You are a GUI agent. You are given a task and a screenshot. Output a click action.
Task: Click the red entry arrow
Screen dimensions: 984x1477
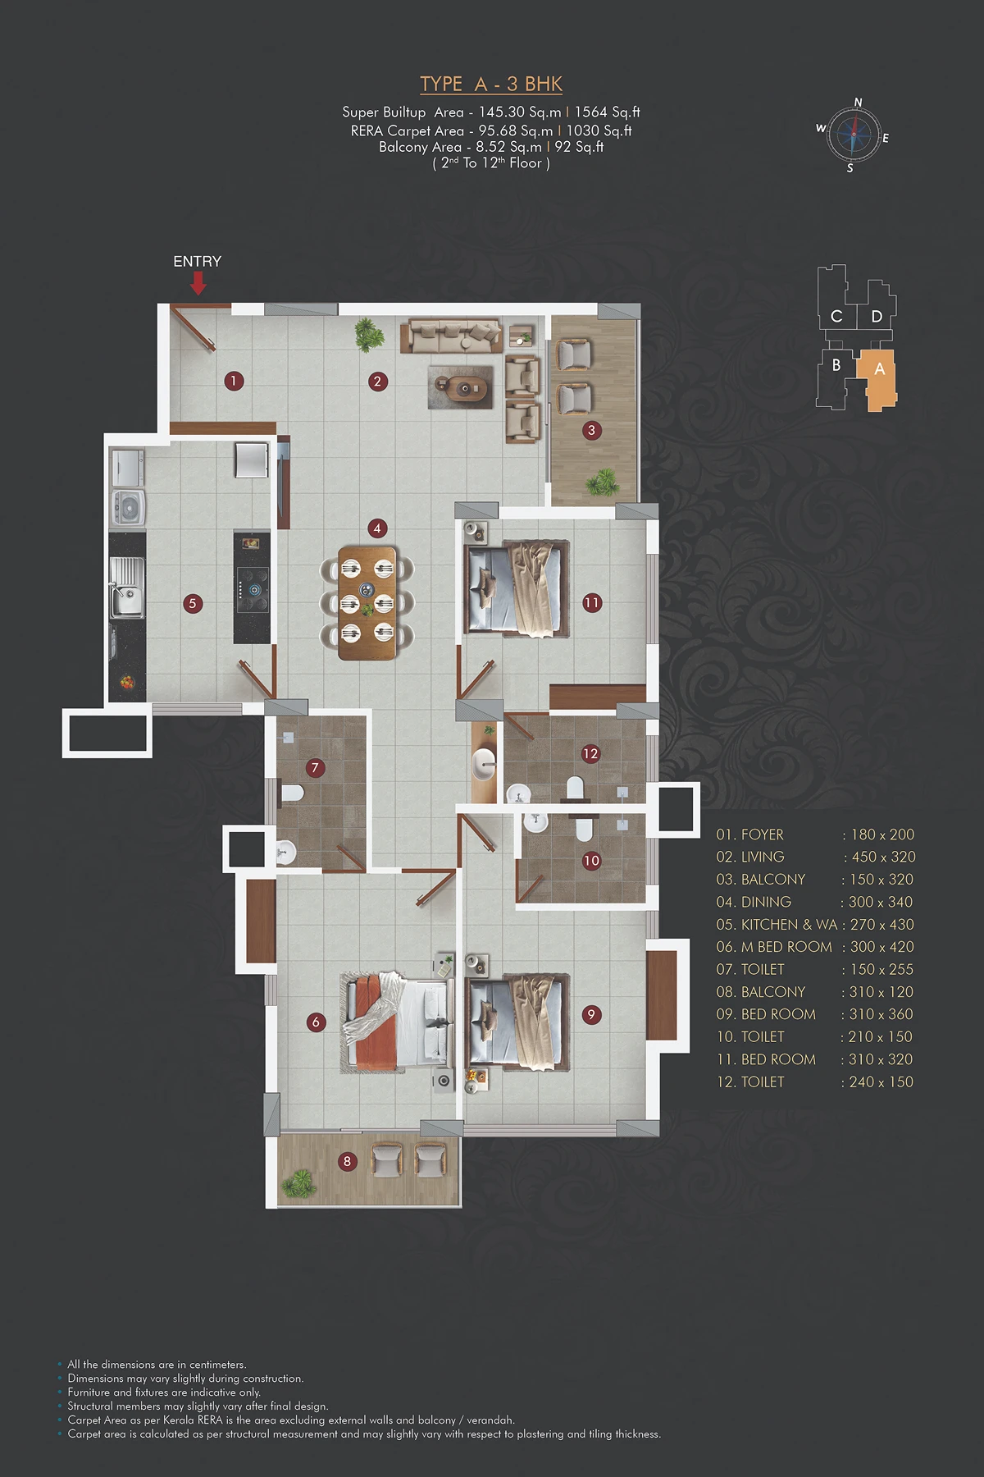point(198,283)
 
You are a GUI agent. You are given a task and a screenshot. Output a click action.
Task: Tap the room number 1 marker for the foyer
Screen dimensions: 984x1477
point(234,381)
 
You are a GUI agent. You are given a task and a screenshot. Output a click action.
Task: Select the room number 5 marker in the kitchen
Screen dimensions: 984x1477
point(193,603)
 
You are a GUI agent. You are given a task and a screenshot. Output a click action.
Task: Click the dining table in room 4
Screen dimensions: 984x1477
point(367,603)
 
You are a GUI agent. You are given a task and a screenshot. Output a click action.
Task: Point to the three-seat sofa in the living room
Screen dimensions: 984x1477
point(451,336)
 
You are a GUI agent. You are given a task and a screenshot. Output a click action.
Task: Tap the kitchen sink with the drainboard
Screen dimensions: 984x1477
point(128,587)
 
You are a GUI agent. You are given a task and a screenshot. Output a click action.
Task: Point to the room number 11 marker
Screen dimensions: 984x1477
point(592,603)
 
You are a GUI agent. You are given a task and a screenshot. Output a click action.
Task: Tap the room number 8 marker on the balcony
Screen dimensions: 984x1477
point(347,1161)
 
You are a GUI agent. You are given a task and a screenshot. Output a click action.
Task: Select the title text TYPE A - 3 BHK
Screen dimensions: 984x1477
point(491,84)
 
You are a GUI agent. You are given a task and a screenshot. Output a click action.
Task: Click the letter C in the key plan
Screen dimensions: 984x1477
point(836,316)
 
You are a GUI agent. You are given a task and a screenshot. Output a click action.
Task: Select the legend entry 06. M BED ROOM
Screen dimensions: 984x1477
point(774,947)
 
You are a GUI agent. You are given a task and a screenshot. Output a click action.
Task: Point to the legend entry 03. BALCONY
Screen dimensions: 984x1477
point(761,879)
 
